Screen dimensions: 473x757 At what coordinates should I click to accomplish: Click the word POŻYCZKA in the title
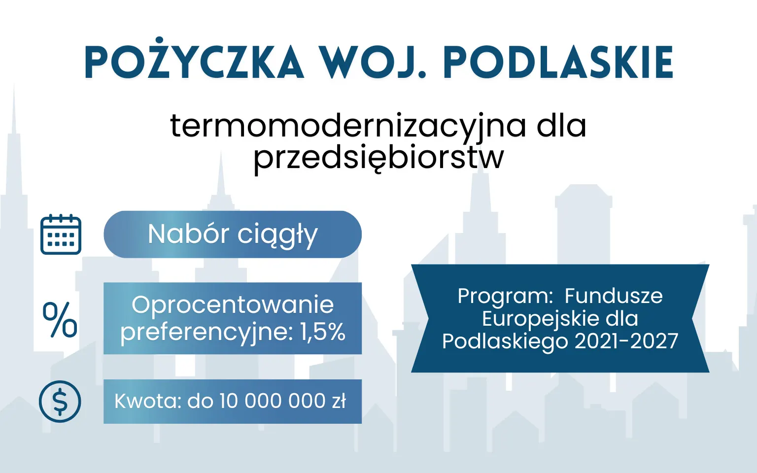point(194,63)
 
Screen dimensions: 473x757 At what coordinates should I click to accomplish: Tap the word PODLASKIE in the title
point(558,63)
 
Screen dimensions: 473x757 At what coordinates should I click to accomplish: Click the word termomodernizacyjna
point(348,126)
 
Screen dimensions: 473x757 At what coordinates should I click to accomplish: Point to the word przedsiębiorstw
point(378,158)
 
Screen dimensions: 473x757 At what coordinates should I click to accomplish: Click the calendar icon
point(61,235)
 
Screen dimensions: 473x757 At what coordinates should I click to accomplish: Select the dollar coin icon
point(60,401)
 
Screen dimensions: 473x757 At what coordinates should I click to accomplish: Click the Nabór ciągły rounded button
point(233,235)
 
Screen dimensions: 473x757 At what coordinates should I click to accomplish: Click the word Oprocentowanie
point(233,305)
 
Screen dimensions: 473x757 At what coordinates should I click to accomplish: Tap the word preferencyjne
point(207,332)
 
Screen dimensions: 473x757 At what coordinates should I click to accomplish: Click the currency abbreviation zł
point(339,401)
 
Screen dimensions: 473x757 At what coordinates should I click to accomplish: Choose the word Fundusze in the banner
point(614,296)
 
